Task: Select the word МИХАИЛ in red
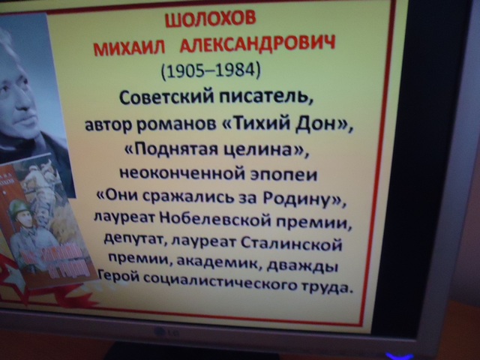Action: pyautogui.click(x=130, y=48)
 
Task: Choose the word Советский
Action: pyautogui.click(x=167, y=98)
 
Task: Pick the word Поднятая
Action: pyautogui.click(x=175, y=150)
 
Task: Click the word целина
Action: pyautogui.click(x=256, y=150)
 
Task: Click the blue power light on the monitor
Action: pyautogui.click(x=400, y=356)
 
